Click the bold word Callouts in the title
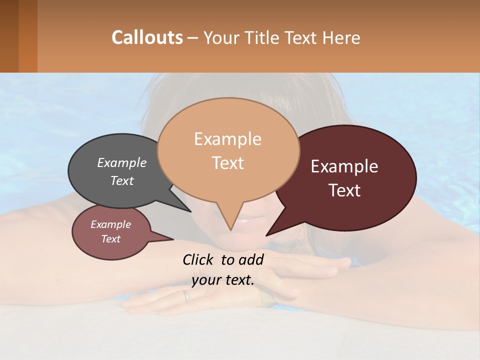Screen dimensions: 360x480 (147, 37)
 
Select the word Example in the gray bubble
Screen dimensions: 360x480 (121, 162)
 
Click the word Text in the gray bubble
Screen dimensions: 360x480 (121, 180)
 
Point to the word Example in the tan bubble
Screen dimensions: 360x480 (227, 139)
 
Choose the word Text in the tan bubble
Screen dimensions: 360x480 (227, 163)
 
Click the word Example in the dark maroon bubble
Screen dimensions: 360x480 (344, 166)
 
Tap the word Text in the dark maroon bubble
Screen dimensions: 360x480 (344, 190)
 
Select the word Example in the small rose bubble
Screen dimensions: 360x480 (110, 224)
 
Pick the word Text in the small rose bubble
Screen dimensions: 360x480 (110, 239)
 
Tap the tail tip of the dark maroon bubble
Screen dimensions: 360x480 (267, 234)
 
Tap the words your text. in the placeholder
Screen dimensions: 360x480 (223, 280)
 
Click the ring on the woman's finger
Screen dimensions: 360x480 (186, 296)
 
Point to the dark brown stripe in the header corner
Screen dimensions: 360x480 (9, 36)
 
